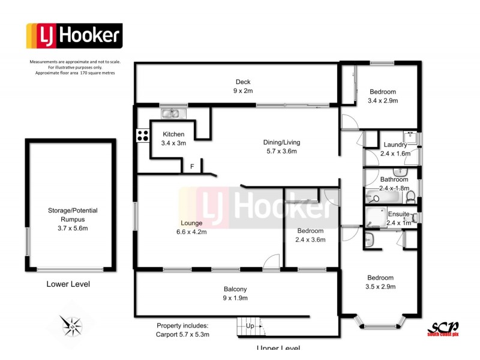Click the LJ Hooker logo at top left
point(74,36)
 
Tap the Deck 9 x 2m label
point(243,86)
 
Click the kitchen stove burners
point(143,136)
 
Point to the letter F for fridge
point(192,166)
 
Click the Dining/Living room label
point(281,146)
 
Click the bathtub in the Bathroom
point(384,197)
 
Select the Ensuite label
point(398,214)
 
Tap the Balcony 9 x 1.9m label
point(236,293)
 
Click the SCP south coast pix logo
point(442,328)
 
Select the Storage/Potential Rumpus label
point(73,215)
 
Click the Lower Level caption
point(68,284)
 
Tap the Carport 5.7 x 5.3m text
point(183,334)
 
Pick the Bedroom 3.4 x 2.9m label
point(383,96)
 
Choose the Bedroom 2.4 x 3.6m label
point(310,235)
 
